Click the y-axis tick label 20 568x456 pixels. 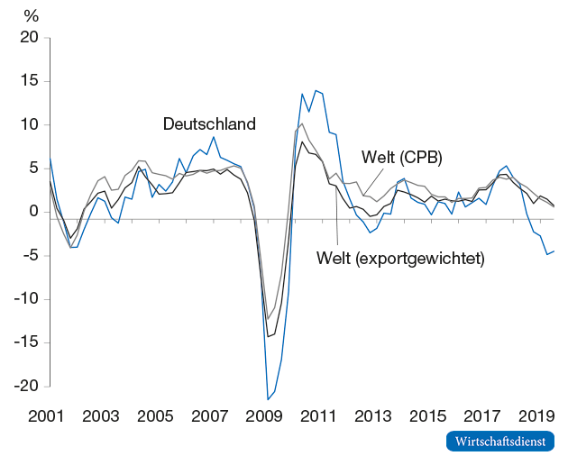(31, 38)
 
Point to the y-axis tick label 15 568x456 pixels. (31, 81)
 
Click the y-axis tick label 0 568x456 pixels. (34, 212)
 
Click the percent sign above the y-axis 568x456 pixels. (32, 15)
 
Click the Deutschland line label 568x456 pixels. (209, 124)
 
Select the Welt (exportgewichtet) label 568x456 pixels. (401, 259)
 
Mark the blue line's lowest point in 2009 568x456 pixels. (268, 399)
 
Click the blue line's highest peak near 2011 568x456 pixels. (316, 90)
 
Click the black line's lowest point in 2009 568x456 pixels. (267, 337)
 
